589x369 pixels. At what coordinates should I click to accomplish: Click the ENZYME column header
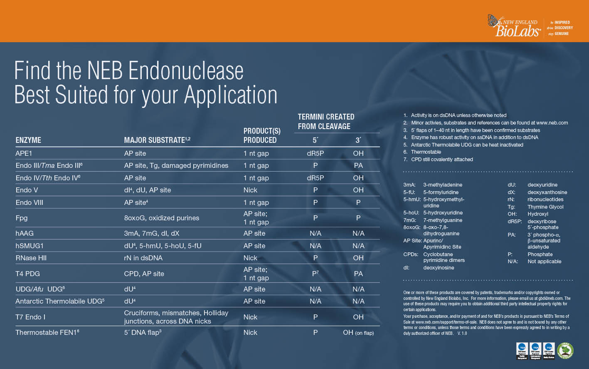(28, 140)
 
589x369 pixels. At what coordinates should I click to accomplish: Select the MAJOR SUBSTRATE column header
(157, 140)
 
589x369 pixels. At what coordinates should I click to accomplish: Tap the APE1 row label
(24, 153)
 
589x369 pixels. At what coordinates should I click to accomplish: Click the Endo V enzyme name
(29, 190)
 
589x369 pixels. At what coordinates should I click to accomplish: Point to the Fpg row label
(22, 218)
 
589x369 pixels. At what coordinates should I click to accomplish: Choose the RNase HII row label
(31, 258)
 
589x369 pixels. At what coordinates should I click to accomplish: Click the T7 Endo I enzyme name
(30, 317)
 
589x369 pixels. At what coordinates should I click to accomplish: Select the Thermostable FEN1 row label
(47, 332)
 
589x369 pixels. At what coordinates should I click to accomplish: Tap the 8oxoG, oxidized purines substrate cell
(161, 218)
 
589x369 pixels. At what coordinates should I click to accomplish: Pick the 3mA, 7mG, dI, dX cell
(151, 233)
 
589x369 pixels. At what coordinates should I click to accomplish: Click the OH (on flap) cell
(358, 332)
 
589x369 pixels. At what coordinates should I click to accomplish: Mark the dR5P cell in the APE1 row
(315, 153)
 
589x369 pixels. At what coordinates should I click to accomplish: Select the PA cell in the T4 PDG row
(358, 274)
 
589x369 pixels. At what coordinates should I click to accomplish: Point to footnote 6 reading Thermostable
(426, 152)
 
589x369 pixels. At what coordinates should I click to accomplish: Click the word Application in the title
(231, 95)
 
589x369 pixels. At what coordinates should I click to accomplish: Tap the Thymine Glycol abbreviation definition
(545, 207)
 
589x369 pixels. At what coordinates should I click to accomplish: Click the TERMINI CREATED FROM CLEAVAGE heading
(326, 122)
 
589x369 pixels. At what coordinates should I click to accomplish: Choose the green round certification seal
(565, 351)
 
